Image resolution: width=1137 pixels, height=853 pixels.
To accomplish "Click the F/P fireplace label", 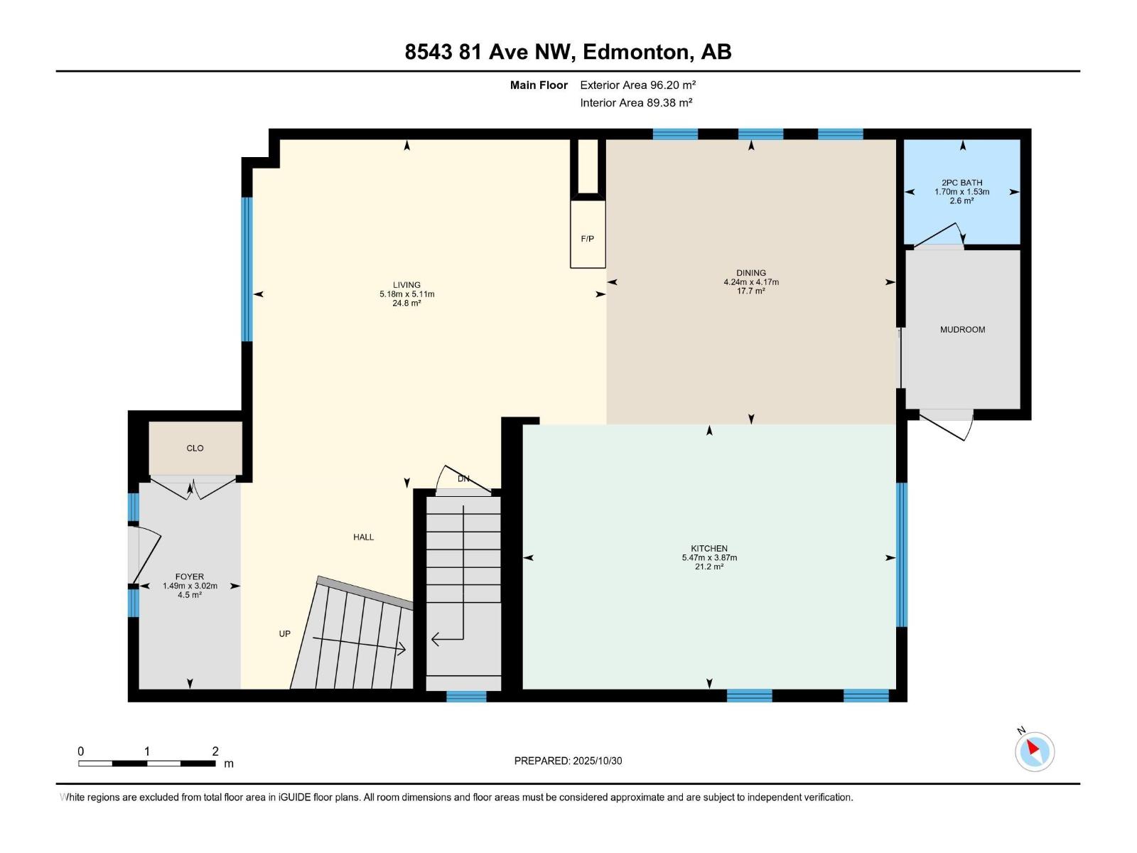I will pos(587,239).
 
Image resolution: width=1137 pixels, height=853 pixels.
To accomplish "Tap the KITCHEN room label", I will pos(708,548).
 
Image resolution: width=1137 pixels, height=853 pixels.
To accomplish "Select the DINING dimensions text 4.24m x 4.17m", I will pos(751,282).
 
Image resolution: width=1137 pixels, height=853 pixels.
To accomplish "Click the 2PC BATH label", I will pos(961,183).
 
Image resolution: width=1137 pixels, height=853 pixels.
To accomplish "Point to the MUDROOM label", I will pos(962,330).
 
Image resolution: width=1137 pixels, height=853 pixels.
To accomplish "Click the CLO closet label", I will pos(195,449).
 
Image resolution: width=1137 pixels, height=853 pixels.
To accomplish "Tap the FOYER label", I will pos(190,576).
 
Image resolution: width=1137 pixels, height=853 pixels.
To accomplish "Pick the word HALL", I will pos(363,537).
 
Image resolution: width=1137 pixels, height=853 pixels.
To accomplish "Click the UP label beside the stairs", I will pos(284,634).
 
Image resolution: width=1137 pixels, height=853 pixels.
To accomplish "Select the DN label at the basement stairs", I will pos(463,479).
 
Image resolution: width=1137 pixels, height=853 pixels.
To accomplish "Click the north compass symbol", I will pos(1034,751).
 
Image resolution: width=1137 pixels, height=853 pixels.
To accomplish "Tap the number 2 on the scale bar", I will pos(215,751).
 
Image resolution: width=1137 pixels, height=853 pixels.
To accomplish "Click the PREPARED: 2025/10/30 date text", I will pos(568,761).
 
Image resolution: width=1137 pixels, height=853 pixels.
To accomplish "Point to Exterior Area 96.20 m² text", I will pos(637,85).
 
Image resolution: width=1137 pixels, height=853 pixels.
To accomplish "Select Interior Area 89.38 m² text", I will pos(636,102).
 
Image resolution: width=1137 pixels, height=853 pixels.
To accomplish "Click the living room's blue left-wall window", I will pos(247,269).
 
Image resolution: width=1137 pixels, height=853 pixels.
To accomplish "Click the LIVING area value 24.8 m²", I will pos(406,304).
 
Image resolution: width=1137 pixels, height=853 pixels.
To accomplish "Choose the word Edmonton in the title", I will pos(637,52).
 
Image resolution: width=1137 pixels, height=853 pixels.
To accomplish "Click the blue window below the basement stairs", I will pos(466,697).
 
